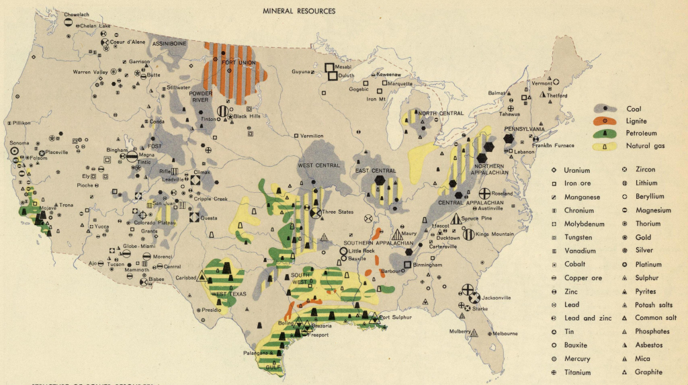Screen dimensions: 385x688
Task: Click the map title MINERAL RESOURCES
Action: (299, 11)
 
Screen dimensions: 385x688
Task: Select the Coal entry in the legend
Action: (634, 109)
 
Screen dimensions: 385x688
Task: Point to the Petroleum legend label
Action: (642, 133)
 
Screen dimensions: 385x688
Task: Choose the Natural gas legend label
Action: (646, 145)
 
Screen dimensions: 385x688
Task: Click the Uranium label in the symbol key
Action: (577, 170)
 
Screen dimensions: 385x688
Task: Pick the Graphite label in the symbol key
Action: (648, 372)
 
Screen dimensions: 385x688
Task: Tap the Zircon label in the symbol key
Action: (646, 170)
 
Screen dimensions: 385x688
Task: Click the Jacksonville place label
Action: (498, 297)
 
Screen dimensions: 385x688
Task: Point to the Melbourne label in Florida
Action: (505, 333)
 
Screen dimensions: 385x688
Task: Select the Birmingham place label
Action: (428, 265)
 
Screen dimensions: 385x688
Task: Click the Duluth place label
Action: (347, 76)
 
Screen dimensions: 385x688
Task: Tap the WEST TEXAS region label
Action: (229, 294)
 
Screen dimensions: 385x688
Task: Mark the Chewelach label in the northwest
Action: (77, 14)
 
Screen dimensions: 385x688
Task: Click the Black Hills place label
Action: (247, 116)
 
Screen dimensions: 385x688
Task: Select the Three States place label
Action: (337, 212)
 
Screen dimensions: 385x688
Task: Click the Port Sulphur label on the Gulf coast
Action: (395, 317)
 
